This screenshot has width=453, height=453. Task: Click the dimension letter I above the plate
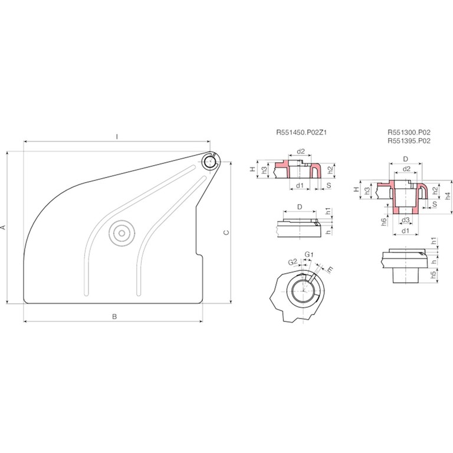117,137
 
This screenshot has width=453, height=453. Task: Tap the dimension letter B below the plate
115,317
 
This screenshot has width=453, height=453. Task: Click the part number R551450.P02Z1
301,134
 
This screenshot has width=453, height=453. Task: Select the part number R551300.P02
409,134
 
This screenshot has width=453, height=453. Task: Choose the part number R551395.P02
409,142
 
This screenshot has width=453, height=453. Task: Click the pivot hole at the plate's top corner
209,160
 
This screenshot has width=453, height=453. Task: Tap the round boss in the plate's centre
122,233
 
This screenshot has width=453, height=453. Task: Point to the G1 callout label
308,254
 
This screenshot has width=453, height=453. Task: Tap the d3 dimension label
406,220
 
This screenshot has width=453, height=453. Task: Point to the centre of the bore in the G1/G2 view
303,290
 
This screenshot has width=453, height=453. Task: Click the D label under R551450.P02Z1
300,207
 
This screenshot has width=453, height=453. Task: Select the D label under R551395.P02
406,159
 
